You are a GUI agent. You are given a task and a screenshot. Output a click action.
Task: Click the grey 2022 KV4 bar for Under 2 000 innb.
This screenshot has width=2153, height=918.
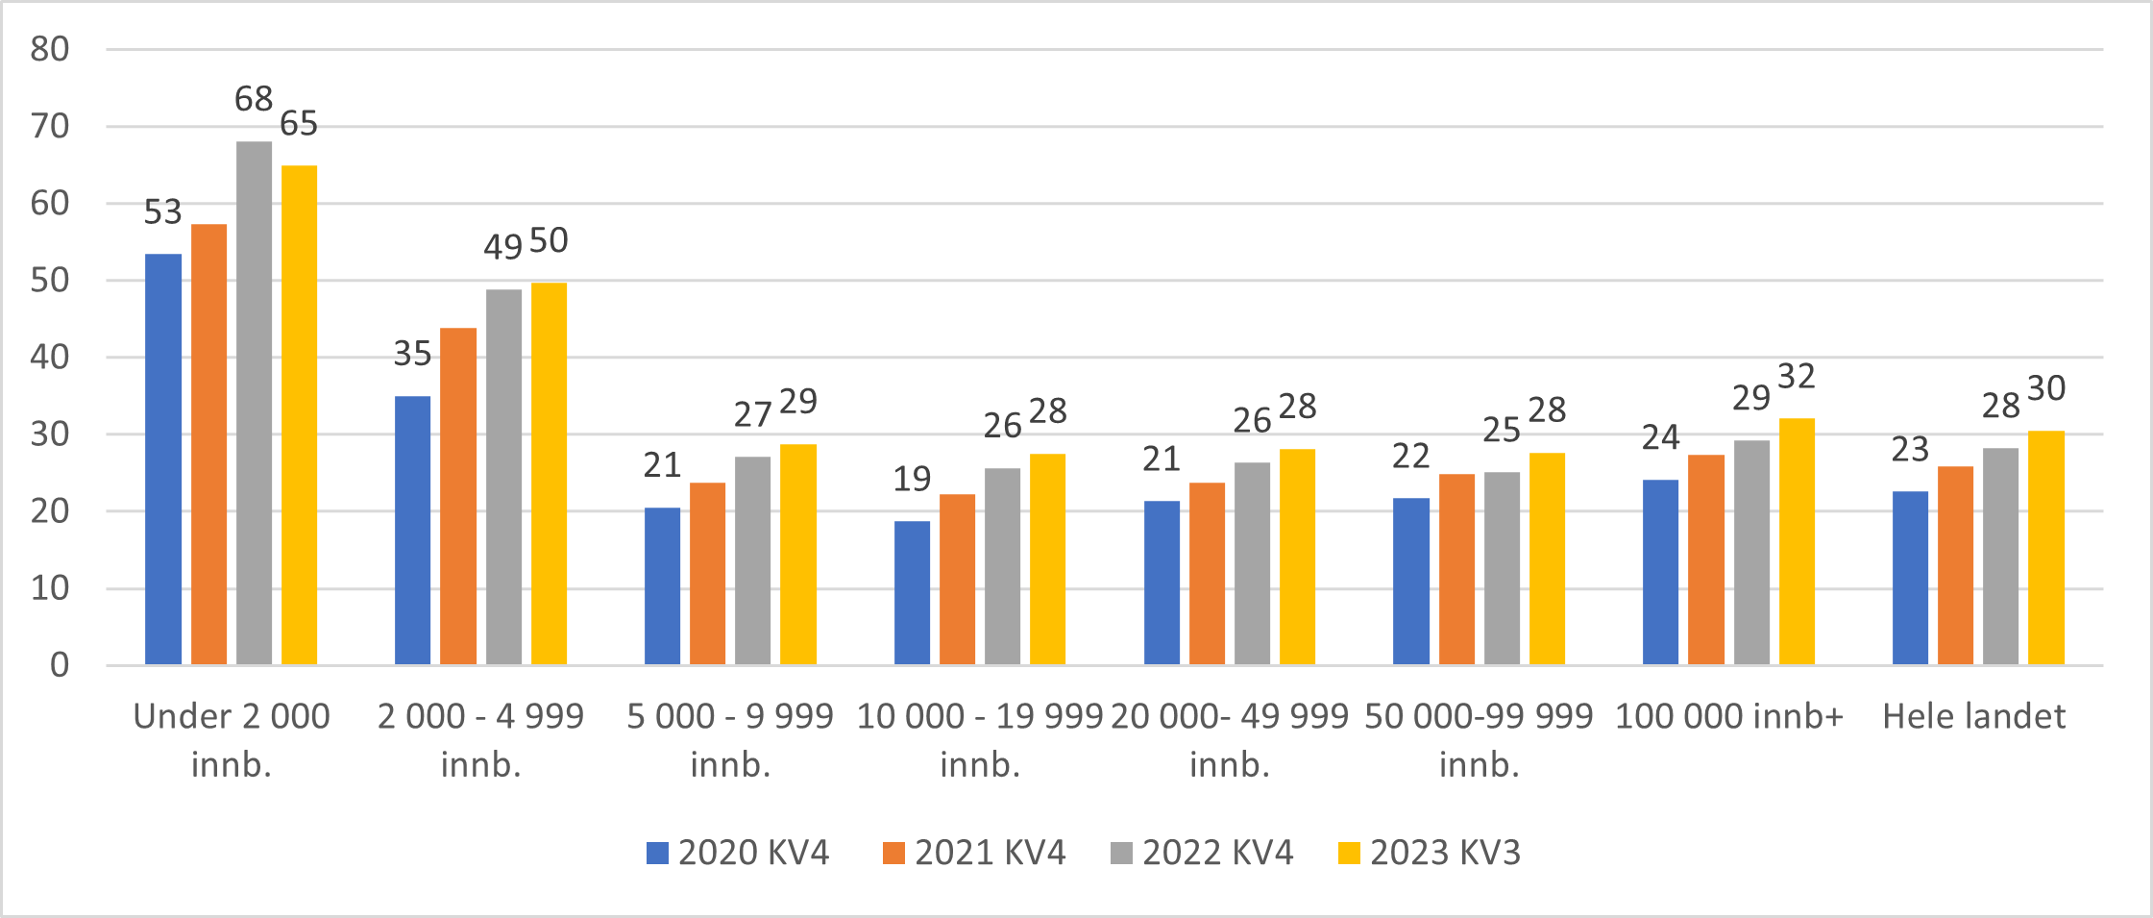(254, 404)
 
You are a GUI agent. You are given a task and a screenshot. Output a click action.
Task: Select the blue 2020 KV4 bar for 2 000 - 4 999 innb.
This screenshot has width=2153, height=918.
(412, 531)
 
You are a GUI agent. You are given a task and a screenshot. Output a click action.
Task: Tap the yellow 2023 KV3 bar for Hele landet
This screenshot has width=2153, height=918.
(2045, 548)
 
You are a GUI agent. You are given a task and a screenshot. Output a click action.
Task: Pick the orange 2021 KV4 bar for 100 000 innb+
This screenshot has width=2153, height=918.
(1705, 559)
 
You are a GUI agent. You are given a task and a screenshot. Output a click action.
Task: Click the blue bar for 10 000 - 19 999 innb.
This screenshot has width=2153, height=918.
(912, 593)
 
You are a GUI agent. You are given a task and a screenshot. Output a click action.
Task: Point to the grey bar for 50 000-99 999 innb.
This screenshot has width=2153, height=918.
(1502, 568)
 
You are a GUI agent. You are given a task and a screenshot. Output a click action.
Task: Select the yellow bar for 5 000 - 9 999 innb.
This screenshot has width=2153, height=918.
(797, 555)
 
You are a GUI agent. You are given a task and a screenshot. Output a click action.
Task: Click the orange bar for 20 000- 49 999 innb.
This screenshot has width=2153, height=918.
(1207, 574)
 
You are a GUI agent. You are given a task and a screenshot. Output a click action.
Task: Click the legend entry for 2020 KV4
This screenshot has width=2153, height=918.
(738, 853)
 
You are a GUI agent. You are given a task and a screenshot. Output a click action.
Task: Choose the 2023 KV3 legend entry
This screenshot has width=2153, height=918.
(1430, 853)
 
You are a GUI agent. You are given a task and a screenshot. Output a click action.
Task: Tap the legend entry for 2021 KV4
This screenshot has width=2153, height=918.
(974, 853)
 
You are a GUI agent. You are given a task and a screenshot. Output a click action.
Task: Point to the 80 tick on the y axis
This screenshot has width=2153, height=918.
(50, 49)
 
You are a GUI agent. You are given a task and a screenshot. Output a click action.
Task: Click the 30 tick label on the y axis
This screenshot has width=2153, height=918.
(50, 434)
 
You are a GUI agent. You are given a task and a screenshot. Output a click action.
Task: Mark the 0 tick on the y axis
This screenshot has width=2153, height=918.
(60, 665)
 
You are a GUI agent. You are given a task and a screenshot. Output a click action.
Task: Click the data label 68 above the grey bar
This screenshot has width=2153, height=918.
(254, 98)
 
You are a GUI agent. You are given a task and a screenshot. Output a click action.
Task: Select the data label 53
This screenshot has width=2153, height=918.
(162, 211)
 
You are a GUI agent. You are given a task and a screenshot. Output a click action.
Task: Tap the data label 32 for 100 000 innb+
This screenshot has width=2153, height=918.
(1796, 376)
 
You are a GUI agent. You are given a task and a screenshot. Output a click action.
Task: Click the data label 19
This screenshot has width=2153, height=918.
(912, 479)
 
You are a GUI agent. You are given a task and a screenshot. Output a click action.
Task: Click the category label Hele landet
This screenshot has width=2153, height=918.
(1973, 717)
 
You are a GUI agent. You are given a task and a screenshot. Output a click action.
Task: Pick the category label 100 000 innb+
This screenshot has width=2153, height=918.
(1728, 717)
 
